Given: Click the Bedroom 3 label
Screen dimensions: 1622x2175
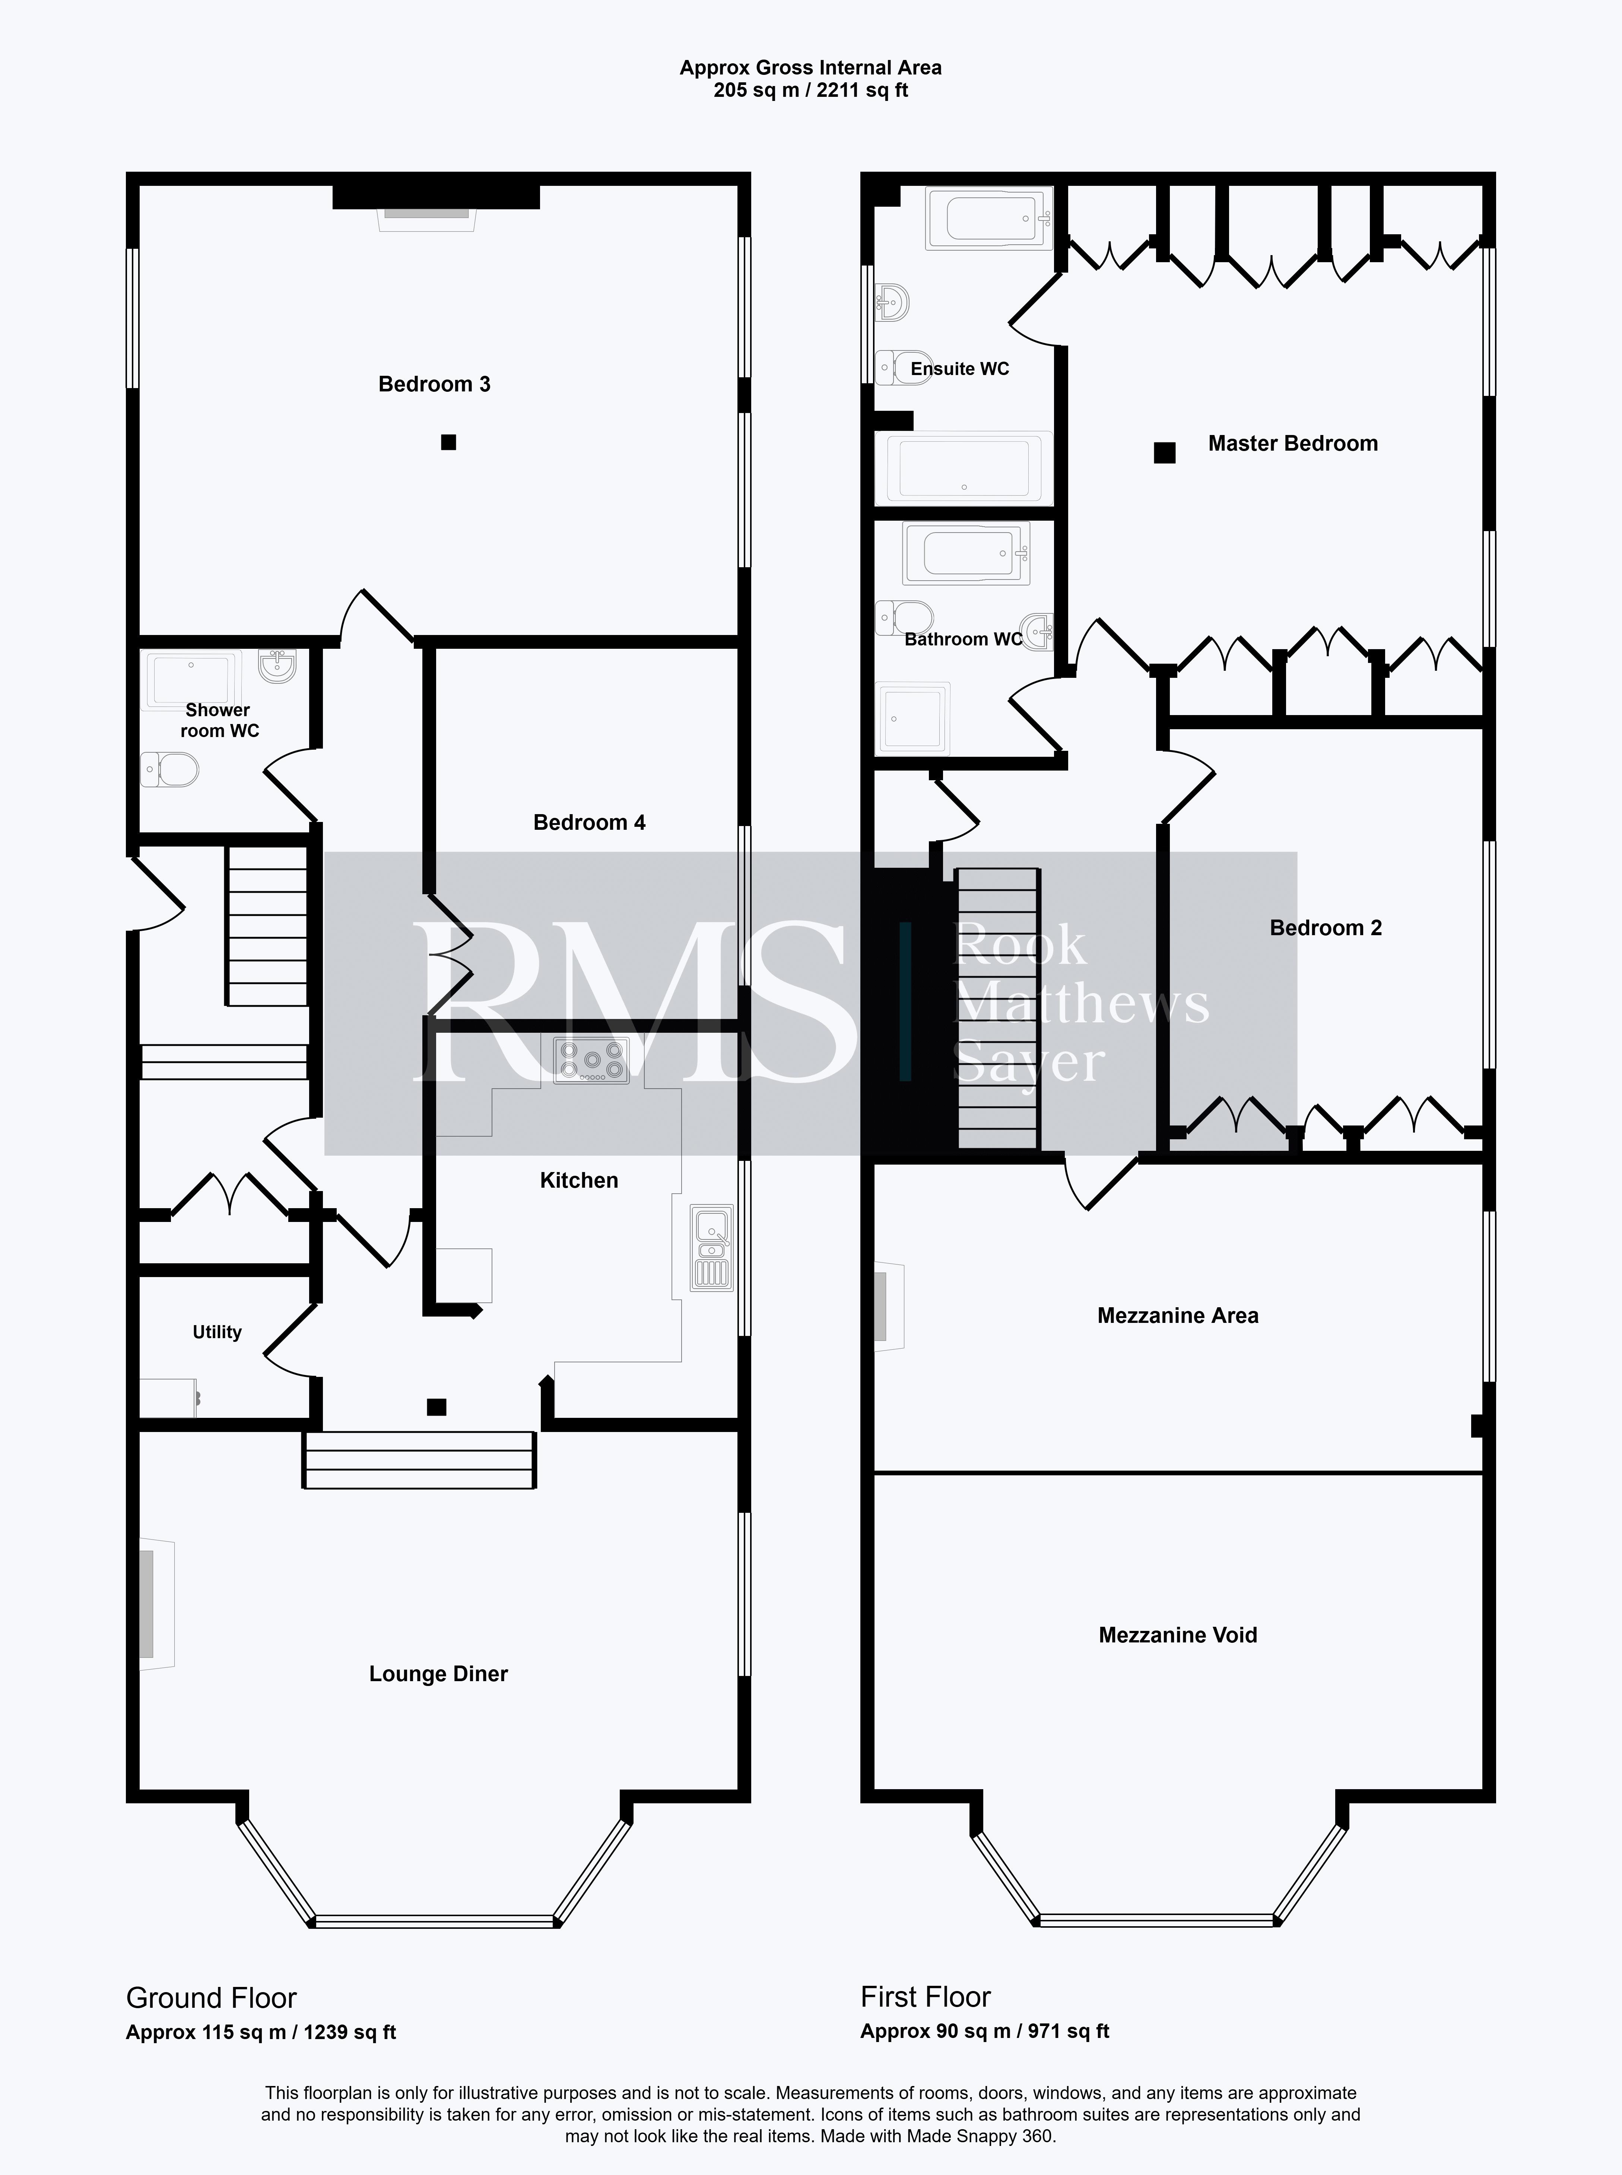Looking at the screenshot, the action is point(434,384).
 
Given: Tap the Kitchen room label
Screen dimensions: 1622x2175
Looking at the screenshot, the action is point(579,1180).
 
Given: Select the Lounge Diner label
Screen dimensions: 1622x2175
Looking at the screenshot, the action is point(438,1674).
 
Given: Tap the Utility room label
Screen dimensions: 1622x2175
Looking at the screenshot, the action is point(217,1333).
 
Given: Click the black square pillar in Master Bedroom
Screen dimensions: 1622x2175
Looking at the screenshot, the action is point(1165,453).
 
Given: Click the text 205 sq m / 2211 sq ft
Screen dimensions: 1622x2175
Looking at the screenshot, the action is point(811,91).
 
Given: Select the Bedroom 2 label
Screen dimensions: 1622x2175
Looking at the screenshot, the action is point(1326,928).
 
